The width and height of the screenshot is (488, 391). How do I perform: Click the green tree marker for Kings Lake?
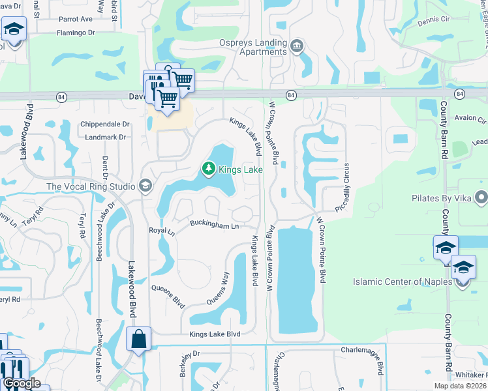[x=209, y=169]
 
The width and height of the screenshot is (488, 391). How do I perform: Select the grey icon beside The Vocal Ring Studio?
[x=145, y=186]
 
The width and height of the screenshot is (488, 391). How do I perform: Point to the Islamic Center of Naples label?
[x=401, y=282]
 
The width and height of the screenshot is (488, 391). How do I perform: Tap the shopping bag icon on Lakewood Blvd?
[x=139, y=339]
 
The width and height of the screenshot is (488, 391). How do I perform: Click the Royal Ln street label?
[x=162, y=231]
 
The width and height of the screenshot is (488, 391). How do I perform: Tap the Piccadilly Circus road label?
[x=346, y=186]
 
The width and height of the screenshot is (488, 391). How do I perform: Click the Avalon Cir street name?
[x=471, y=119]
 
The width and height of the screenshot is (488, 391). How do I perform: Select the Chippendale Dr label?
[x=106, y=124]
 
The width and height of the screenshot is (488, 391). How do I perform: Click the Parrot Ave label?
[x=76, y=20]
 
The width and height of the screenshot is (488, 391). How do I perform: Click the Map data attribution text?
[x=461, y=386]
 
